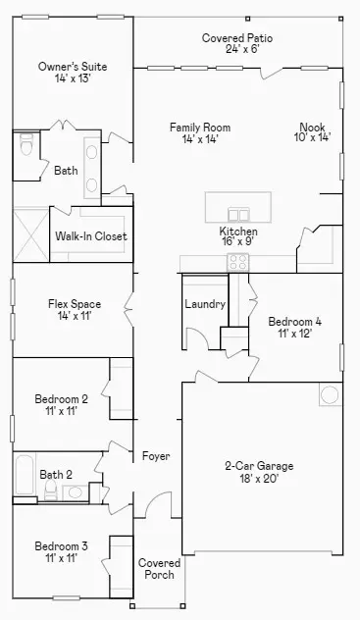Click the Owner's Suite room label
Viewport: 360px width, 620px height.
(x=73, y=67)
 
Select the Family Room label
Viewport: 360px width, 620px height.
(x=200, y=128)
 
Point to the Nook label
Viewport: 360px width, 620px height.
(x=312, y=128)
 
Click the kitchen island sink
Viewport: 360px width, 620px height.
(x=238, y=215)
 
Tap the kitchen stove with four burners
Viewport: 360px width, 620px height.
(x=238, y=262)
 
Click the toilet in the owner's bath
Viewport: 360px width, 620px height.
(x=26, y=144)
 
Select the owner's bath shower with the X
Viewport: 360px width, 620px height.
(x=31, y=234)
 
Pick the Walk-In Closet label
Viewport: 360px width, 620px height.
(x=91, y=236)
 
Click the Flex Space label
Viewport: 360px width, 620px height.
(x=75, y=304)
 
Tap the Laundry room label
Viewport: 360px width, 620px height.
(x=205, y=304)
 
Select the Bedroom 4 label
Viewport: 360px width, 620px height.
(x=295, y=322)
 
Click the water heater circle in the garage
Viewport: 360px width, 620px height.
(x=330, y=394)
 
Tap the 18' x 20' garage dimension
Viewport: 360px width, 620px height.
(x=259, y=479)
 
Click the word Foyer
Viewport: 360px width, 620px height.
(x=156, y=456)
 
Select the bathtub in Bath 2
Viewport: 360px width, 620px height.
(x=25, y=475)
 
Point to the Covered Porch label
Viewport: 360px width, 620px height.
(x=159, y=569)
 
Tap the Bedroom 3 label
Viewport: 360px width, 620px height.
(x=61, y=546)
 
